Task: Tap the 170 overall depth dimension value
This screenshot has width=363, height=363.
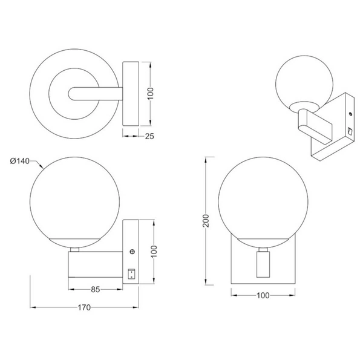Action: click(x=83, y=308)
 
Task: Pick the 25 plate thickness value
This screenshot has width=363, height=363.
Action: click(x=149, y=137)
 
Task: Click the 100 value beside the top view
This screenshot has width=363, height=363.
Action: click(x=151, y=94)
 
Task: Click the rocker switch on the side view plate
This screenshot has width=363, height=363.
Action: click(x=132, y=273)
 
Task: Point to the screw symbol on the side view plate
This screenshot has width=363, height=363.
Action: click(x=132, y=251)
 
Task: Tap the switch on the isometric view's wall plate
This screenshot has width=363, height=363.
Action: click(x=350, y=130)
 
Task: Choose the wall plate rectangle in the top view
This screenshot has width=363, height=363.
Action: click(x=131, y=94)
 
